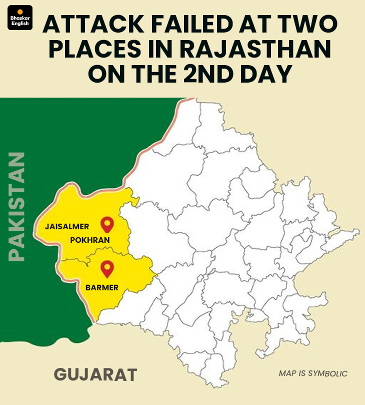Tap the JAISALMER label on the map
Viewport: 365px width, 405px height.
point(67,227)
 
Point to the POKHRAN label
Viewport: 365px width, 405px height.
point(90,240)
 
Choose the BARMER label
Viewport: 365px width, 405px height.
point(102,287)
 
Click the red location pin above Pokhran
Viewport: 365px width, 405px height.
point(107,225)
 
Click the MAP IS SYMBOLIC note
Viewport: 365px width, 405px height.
point(312,373)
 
